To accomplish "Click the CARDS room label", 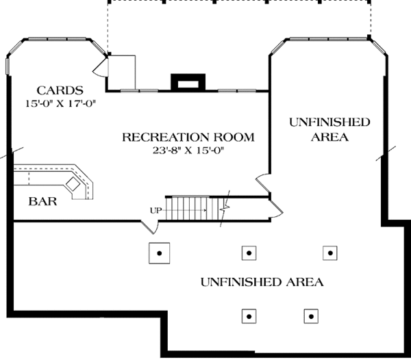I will [60, 90].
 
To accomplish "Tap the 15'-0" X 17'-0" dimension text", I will [60, 103].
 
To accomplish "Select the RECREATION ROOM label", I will [188, 138].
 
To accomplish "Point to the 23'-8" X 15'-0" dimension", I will [188, 151].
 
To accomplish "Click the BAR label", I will [42, 202].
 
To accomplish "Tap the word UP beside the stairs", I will [156, 210].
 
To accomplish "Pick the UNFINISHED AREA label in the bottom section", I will [262, 281].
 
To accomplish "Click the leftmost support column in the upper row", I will [159, 253].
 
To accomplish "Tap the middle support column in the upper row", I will [248, 253].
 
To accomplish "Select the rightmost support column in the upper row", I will [330, 253].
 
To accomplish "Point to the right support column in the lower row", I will [312, 316].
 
